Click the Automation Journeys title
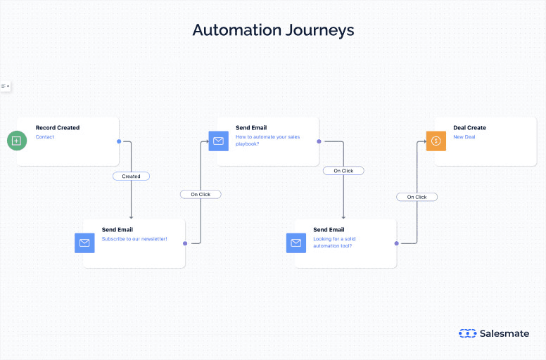[273, 30]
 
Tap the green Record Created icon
[17, 141]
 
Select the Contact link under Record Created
[45, 137]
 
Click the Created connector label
[131, 176]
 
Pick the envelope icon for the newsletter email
[84, 243]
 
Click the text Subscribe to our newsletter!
[134, 239]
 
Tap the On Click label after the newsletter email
[201, 194]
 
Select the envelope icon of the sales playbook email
[218, 141]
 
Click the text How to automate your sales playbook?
[267, 140]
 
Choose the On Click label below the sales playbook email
[343, 171]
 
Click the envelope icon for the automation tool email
[296, 243]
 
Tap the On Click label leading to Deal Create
[417, 197]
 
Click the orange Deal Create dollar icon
[436, 141]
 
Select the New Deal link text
[464, 137]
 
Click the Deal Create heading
[469, 128]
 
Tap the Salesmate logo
[493, 333]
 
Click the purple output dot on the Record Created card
[119, 141]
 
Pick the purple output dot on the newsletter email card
[185, 243]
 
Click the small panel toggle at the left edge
[5, 86]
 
